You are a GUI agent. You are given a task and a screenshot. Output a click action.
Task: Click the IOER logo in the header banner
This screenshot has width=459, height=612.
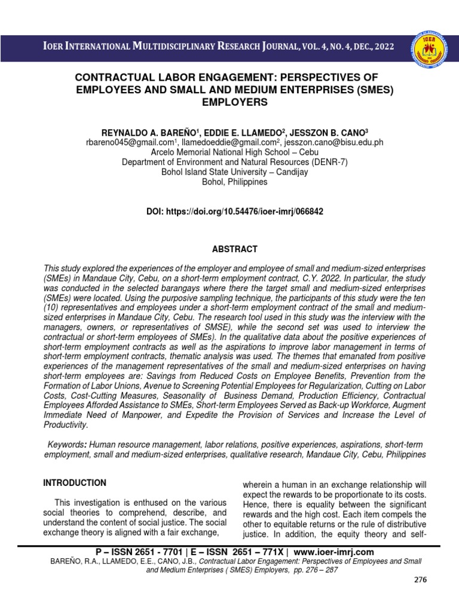coord(428,48)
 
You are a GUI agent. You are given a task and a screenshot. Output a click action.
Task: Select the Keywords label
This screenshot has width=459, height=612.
coord(66,445)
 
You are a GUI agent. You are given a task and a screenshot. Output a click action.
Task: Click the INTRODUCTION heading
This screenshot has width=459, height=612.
coord(74,483)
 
